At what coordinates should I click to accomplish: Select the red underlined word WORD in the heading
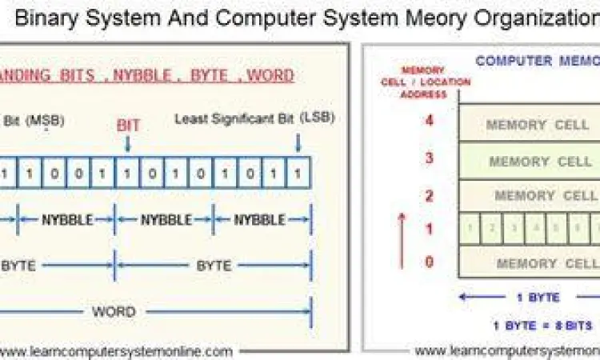[270, 76]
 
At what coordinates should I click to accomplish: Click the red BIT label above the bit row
[128, 125]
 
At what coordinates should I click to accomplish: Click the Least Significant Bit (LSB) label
[254, 118]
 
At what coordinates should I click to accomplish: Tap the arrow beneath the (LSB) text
[298, 142]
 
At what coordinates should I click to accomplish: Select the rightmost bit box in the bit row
[298, 172]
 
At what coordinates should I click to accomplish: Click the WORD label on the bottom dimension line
[114, 311]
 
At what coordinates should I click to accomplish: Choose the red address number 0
[429, 262]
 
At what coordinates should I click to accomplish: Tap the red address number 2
[429, 195]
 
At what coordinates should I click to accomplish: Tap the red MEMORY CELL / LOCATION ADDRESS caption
[422, 82]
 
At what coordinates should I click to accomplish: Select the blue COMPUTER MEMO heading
[536, 61]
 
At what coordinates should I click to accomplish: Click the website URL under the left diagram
[118, 350]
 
